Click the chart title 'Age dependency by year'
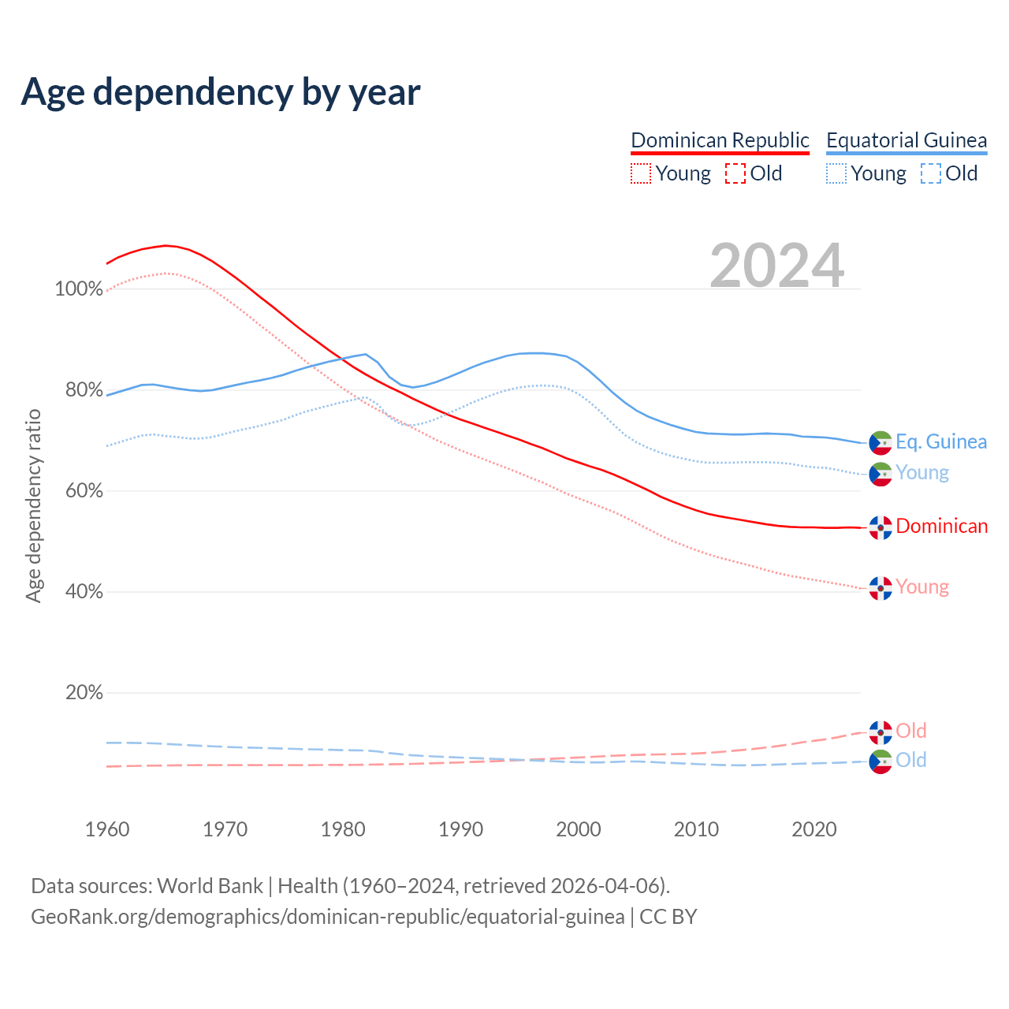coord(221,92)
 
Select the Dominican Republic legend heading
coord(720,140)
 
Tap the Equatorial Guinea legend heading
coord(907,140)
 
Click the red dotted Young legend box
coord(641,173)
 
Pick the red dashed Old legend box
coord(735,173)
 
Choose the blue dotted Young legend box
coord(836,173)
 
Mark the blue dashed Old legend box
coord(931,173)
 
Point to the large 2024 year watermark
coord(777,266)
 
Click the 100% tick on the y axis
coord(79,289)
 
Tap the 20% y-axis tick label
coord(84,693)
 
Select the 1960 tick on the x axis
coord(107,829)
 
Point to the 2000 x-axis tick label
coord(579,829)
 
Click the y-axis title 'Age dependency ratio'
coord(33,505)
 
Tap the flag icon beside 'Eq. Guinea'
coord(881,443)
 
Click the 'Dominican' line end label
coord(941,527)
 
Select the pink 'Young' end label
coord(922,587)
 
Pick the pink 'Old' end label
coord(911,731)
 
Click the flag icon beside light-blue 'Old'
coord(881,761)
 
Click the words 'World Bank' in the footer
coord(210,886)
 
